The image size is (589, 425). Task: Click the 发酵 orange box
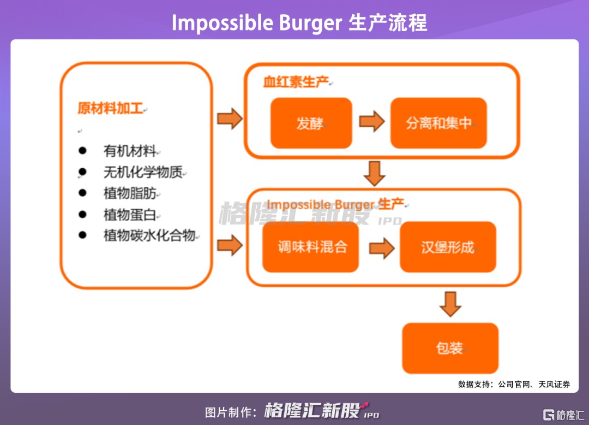311,123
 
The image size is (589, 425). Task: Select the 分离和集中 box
438,123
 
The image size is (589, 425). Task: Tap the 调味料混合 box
310,247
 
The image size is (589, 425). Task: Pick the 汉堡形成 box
448,247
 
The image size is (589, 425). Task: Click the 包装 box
450,348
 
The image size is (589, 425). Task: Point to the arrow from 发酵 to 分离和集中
371,121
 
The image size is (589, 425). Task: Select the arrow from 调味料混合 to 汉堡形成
381,249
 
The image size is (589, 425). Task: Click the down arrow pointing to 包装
450,304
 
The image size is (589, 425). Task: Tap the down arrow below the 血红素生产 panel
375,173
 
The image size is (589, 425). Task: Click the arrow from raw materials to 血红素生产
230,119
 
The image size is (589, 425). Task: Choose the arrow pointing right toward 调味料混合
230,245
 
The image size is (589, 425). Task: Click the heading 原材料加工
110,108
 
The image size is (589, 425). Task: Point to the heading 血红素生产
296,82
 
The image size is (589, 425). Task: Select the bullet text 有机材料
130,151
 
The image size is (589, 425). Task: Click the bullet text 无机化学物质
142,172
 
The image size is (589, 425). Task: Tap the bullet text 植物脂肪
130,193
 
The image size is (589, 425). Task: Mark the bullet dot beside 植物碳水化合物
82,235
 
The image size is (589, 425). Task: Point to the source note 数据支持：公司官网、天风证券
514,384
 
